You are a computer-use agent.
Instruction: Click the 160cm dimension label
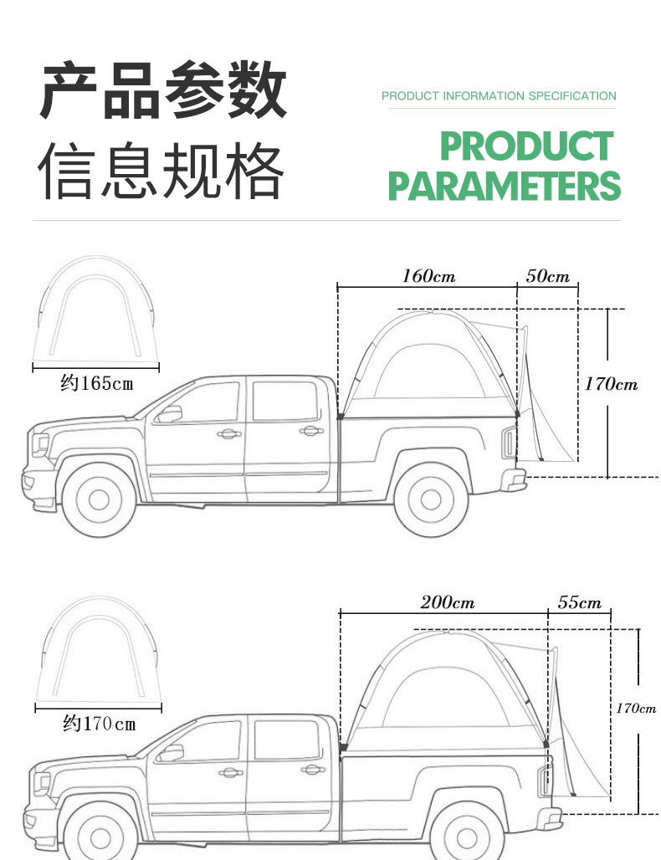(x=428, y=276)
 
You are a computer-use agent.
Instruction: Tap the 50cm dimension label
(x=548, y=276)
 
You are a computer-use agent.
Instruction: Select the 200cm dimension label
(x=447, y=602)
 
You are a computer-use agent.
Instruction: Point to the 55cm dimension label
(x=579, y=602)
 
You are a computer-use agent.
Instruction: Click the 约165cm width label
(x=96, y=383)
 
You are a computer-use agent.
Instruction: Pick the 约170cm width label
(x=99, y=723)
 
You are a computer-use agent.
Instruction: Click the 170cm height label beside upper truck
(x=611, y=384)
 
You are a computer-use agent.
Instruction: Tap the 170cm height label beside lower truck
(x=636, y=708)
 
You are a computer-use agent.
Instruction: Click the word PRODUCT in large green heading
(x=526, y=147)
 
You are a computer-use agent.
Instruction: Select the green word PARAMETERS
(x=504, y=186)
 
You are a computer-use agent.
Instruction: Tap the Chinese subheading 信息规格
(x=164, y=171)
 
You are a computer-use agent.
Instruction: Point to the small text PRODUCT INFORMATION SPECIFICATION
(x=499, y=96)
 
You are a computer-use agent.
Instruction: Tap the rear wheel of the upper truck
(x=430, y=499)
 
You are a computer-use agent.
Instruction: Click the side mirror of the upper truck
(x=171, y=413)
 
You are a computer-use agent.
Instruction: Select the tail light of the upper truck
(x=508, y=441)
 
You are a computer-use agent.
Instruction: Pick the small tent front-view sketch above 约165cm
(x=95, y=310)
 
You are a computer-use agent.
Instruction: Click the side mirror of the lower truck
(x=172, y=751)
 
